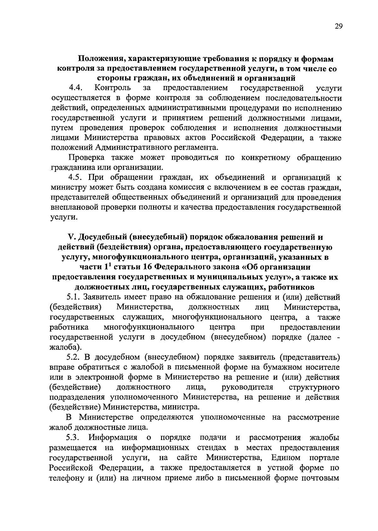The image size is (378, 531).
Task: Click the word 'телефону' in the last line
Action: tap(66, 478)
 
